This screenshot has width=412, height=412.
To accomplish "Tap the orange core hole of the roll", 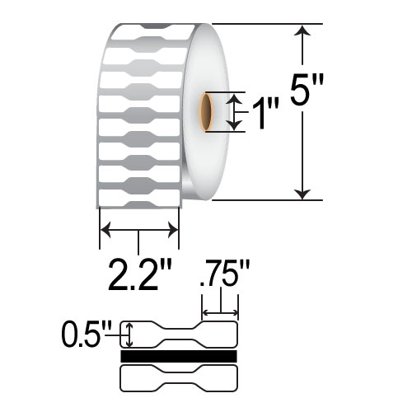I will (206, 112).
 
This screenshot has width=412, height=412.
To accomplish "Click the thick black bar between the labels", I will (179, 356).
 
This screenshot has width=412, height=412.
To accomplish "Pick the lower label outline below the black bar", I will (179, 378).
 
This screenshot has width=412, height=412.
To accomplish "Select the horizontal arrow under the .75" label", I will (220, 313).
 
